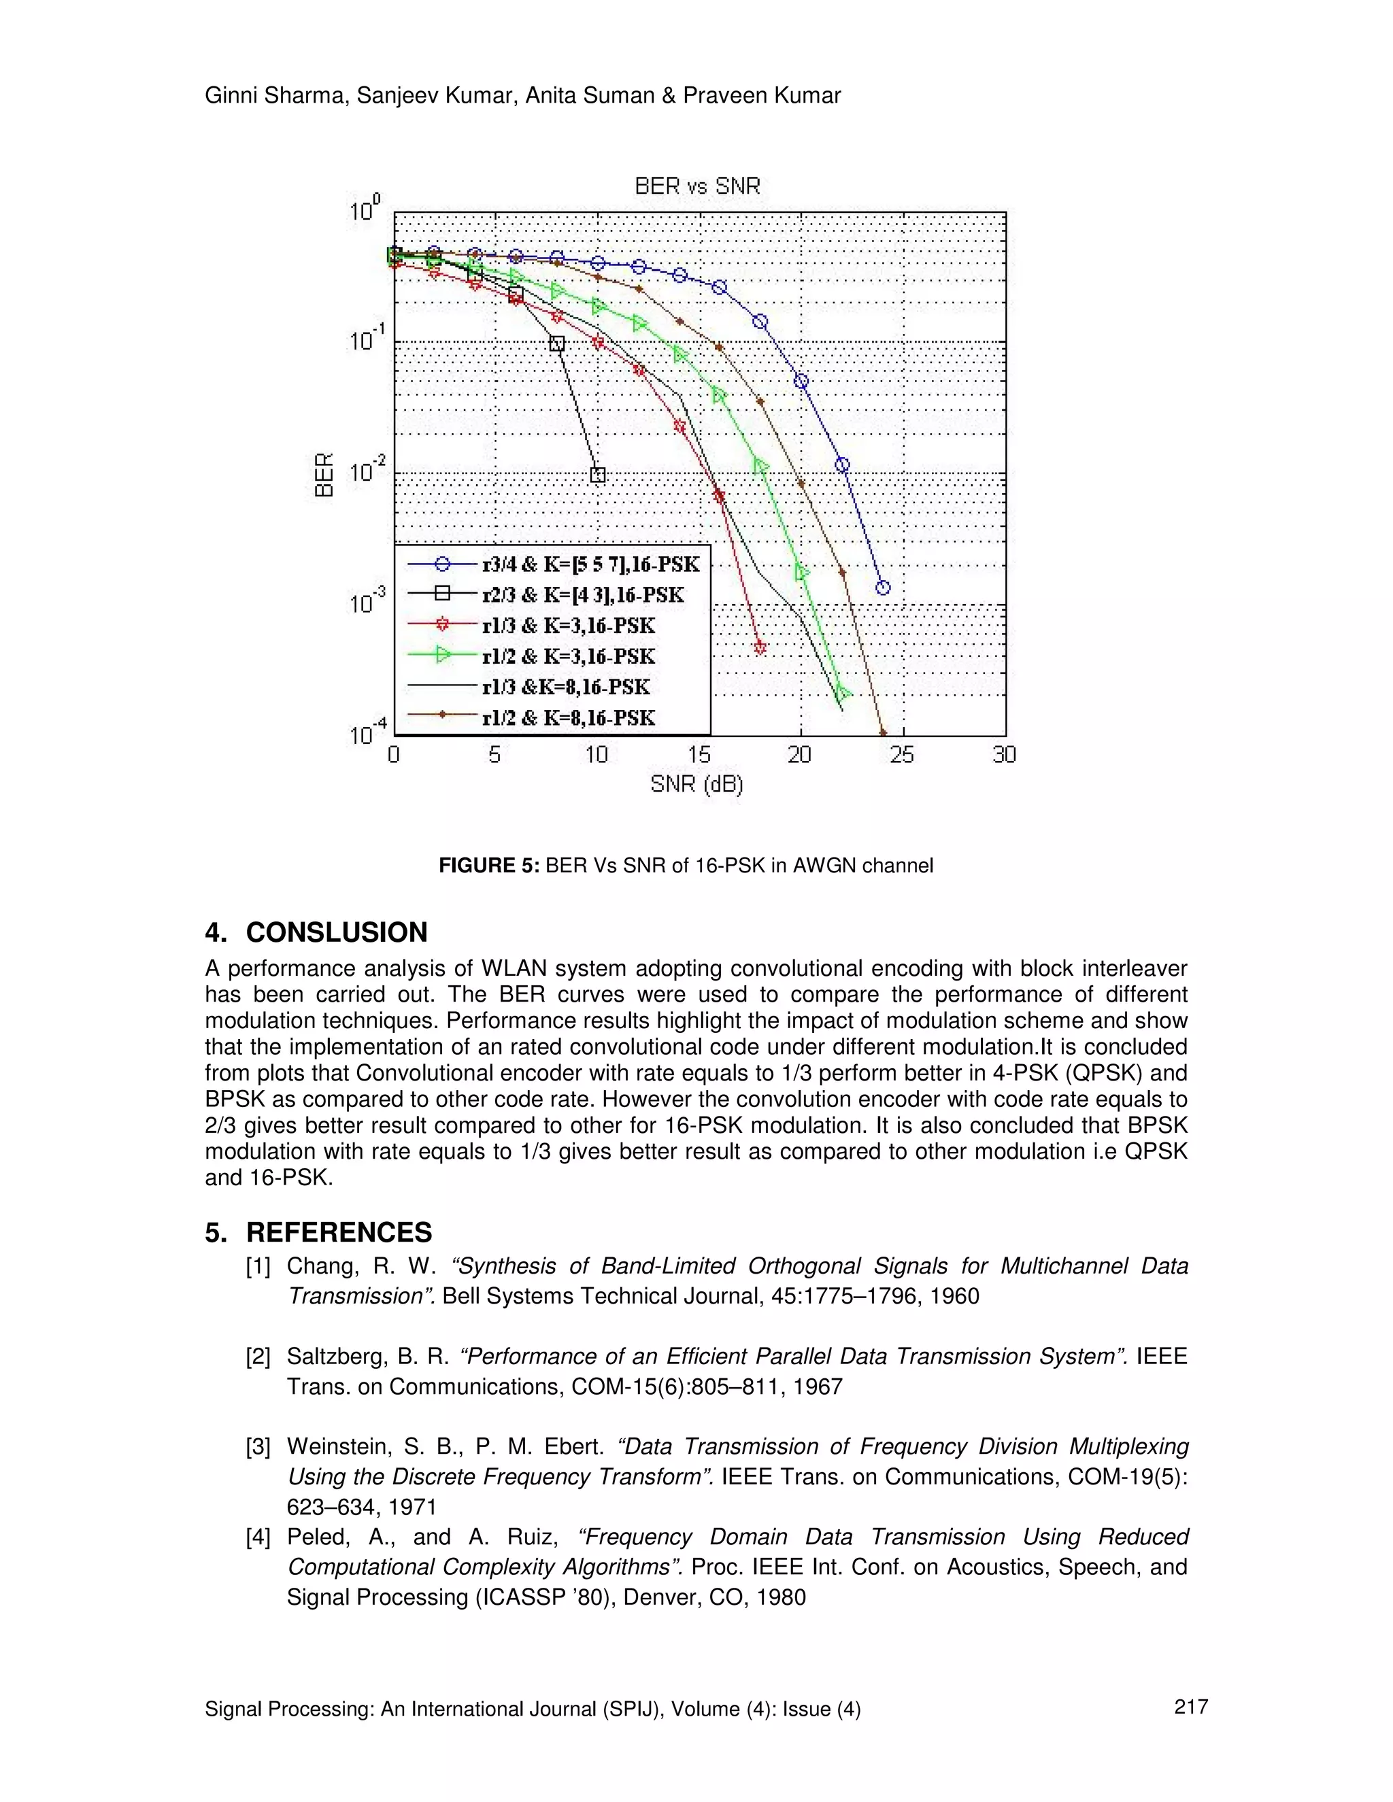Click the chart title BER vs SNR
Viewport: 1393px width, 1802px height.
697,186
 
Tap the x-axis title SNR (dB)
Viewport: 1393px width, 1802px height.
696,784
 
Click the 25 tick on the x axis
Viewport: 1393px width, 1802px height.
902,754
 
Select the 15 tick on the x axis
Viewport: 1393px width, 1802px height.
698,754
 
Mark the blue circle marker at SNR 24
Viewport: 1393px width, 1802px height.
883,588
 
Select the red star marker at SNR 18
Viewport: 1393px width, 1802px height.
760,647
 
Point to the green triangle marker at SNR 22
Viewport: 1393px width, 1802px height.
843,693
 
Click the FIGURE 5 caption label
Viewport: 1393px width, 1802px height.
488,866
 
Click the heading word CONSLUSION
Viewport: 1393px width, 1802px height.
337,932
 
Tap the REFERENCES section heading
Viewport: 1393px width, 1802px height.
338,1232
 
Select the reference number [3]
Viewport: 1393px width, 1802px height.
258,1446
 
